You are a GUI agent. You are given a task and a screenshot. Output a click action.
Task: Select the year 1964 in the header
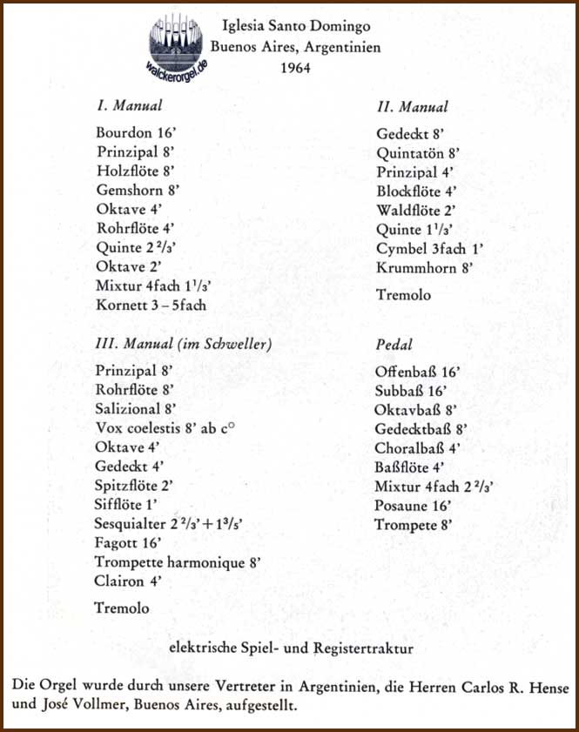point(301,67)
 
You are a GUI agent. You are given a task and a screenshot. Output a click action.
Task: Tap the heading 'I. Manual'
point(130,106)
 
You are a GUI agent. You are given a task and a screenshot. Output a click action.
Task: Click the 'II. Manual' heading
point(413,107)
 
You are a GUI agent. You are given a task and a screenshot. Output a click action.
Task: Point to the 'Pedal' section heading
point(394,345)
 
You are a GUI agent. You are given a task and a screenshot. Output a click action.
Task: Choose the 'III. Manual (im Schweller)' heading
point(183,344)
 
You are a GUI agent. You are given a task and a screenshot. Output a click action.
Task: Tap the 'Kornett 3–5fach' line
point(151,305)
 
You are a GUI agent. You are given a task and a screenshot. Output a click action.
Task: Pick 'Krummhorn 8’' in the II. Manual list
point(424,268)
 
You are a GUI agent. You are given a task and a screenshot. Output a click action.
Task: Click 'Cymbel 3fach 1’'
point(429,249)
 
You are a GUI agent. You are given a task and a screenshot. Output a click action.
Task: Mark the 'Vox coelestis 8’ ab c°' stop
point(172,427)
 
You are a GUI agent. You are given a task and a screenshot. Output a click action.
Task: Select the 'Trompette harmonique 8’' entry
point(178,561)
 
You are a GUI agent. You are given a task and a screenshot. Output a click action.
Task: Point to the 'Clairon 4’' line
point(128,581)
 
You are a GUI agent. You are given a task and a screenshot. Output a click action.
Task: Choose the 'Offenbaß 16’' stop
point(417,371)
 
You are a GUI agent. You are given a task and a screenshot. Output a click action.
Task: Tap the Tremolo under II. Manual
point(403,295)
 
